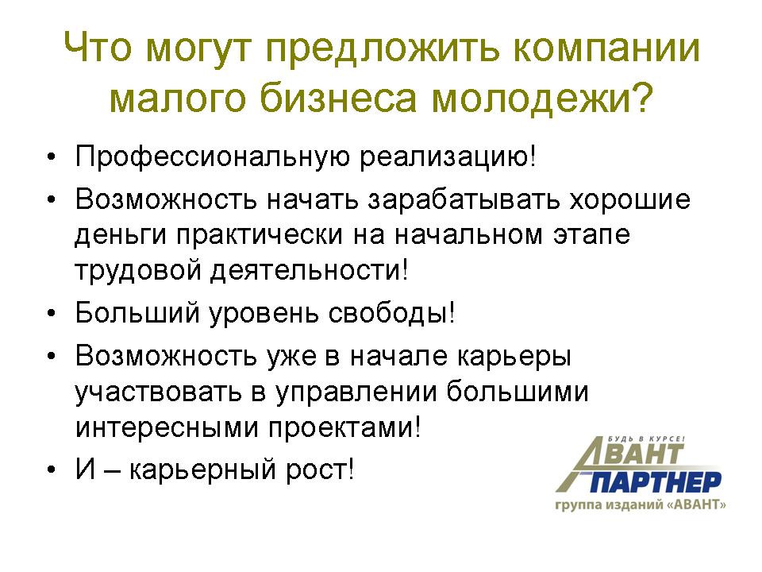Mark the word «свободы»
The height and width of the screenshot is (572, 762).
(x=388, y=314)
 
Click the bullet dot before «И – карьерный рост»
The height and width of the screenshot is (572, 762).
(x=52, y=470)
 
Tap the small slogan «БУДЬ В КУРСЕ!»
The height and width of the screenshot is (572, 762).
(x=646, y=439)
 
